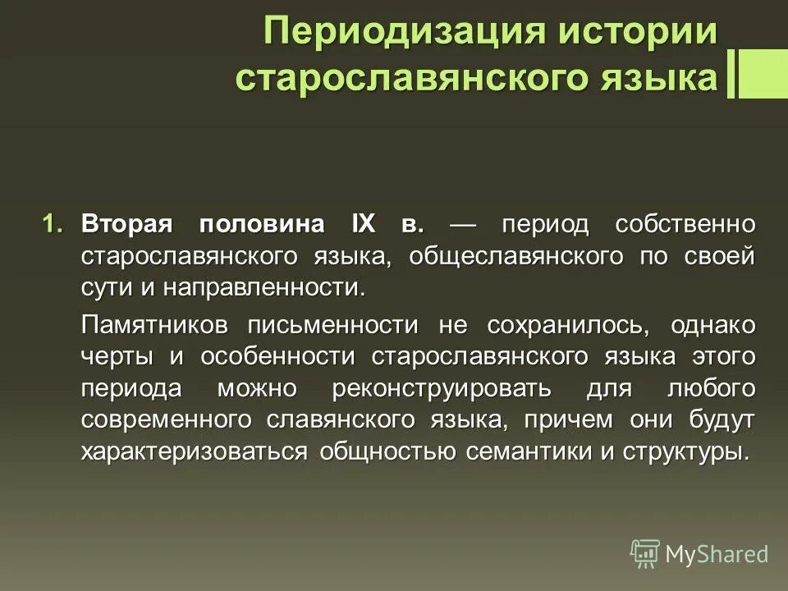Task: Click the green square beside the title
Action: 763,74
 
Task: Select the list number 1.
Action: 53,224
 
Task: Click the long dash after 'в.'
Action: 462,224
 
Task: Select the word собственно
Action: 685,224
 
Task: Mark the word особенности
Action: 276,356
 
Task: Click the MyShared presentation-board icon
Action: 645,554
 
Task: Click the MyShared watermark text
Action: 717,555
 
